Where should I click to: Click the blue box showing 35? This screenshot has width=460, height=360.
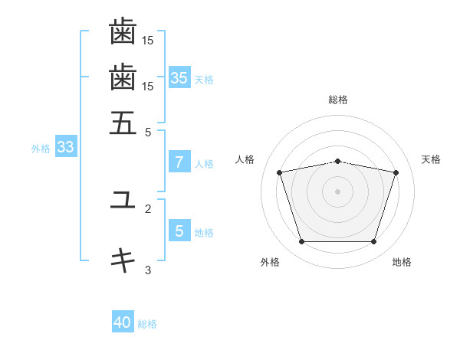pos(179,77)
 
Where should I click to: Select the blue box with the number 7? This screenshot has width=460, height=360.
pos(179,162)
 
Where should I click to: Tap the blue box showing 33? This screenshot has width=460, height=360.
pos(66,146)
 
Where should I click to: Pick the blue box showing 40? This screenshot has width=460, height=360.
pos(123,321)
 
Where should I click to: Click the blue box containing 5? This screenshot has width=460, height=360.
pos(179,230)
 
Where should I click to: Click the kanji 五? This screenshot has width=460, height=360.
pos(123,123)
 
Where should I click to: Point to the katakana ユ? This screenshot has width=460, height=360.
pos(123,199)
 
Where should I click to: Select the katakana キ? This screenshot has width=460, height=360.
pos(123,260)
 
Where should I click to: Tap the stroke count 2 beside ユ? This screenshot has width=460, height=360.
pos(148,209)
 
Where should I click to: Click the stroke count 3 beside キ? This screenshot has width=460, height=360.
pos(148,270)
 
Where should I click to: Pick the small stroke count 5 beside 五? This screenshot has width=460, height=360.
pos(148,133)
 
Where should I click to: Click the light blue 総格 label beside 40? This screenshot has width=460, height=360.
pos(147,324)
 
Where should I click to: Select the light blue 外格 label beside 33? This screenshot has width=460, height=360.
pos(41,149)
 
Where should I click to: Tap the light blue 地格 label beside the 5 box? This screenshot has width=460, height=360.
pos(204,233)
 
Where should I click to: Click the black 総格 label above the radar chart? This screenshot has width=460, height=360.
pos(338,100)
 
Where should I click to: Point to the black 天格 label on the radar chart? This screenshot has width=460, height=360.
pos(431,159)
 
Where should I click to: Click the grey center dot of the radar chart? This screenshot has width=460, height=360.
pos(337,191)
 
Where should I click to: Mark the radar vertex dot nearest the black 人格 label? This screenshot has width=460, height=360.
pos(279,172)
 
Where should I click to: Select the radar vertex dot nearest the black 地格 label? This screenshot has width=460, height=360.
pos(373,241)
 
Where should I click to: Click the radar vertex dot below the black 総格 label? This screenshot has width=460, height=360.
pos(337,162)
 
